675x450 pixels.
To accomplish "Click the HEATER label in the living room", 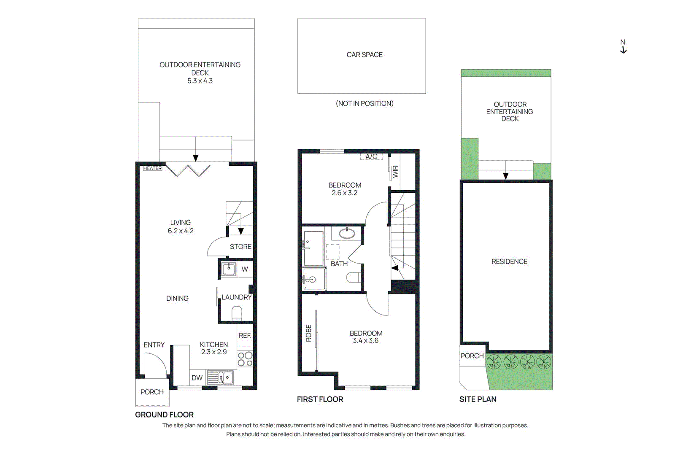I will click(x=152, y=168).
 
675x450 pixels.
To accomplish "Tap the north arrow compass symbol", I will click(x=623, y=47).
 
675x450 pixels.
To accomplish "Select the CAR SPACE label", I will click(x=364, y=55).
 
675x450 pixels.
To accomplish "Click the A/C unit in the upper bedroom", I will click(x=371, y=157).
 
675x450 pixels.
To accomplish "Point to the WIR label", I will click(x=395, y=172).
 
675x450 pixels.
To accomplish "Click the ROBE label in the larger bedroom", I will click(x=308, y=333).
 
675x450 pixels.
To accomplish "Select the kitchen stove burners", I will click(x=245, y=359).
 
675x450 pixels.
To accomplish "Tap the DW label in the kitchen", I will click(x=197, y=378).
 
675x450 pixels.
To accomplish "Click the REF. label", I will click(x=245, y=336).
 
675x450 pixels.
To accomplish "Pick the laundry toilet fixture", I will click(x=237, y=313).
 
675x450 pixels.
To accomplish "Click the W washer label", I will click(x=245, y=269).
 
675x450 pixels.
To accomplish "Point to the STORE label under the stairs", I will click(x=240, y=247).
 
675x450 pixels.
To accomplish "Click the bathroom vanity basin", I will click(x=347, y=232).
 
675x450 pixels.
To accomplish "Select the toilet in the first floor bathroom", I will click(x=354, y=278).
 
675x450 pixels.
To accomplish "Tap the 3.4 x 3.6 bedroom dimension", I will click(x=365, y=341).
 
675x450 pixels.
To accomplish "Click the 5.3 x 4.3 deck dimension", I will click(x=200, y=81).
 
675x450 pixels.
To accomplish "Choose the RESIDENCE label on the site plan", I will click(x=509, y=261).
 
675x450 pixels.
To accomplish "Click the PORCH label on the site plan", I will click(x=472, y=356).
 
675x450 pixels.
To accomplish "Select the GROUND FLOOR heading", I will click(x=164, y=415).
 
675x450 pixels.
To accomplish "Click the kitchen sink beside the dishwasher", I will click(x=226, y=377).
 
